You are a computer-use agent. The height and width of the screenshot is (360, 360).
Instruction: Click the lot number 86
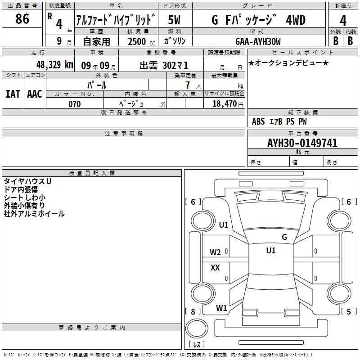point(22,19)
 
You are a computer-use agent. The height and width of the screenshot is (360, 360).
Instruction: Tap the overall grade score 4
point(343,21)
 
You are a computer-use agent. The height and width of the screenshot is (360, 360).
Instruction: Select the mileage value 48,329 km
point(55,65)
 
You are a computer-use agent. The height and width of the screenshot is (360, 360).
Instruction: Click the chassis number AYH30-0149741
point(302,143)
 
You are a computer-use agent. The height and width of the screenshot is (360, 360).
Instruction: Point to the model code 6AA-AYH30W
point(258,41)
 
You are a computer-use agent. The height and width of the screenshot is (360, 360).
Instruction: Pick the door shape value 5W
point(174,20)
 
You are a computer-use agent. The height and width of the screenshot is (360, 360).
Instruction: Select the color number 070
point(75,104)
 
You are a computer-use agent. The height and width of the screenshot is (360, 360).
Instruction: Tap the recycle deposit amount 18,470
point(224,104)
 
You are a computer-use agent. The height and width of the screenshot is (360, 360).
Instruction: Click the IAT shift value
point(13,94)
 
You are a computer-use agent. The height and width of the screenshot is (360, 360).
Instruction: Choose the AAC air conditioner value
point(35,94)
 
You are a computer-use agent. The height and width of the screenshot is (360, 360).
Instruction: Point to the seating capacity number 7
point(188,85)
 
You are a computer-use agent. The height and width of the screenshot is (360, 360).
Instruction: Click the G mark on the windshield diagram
point(284,237)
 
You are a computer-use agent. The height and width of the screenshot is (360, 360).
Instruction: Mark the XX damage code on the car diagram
point(215,267)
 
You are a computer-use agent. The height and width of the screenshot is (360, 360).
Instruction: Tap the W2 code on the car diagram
point(215,252)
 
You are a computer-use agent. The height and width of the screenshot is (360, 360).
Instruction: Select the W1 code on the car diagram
point(221,308)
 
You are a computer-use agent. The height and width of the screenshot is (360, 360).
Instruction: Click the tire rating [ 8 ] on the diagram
point(193,311)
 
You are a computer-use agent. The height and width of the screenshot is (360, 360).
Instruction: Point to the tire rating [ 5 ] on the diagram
point(349,311)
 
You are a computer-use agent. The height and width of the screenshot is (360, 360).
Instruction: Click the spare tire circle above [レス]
point(197,328)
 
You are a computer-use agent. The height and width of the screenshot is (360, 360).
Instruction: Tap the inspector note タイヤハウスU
point(27,181)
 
